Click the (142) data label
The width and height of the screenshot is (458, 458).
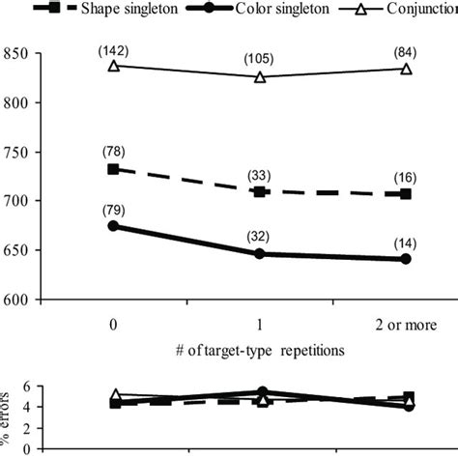(114, 48)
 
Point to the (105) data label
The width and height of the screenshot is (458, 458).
(260, 58)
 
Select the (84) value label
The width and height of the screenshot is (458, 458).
(406, 50)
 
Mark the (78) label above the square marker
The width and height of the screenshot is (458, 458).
(114, 151)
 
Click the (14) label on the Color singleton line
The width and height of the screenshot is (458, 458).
(406, 242)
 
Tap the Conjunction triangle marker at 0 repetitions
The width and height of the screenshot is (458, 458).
(114, 66)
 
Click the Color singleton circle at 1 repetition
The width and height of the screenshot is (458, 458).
(260, 254)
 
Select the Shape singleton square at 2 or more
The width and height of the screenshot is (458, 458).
(406, 194)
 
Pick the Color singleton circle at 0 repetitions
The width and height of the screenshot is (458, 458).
(114, 226)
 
